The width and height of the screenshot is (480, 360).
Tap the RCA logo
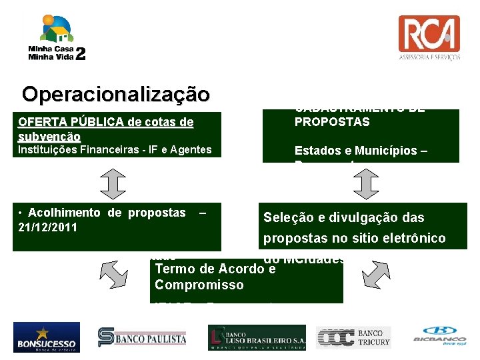pyautogui.click(x=429, y=38)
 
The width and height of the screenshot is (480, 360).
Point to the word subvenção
pyautogui.click(x=50, y=136)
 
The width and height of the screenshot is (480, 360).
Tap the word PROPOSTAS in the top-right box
pyautogui.click(x=332, y=123)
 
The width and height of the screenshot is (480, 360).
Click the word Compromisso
pyautogui.click(x=199, y=285)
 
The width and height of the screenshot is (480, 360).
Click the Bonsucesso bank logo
pyautogui.click(x=46, y=337)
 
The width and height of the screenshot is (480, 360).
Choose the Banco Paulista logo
pyautogui.click(x=142, y=337)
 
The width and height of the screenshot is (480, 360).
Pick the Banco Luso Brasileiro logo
pyautogui.click(x=257, y=337)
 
